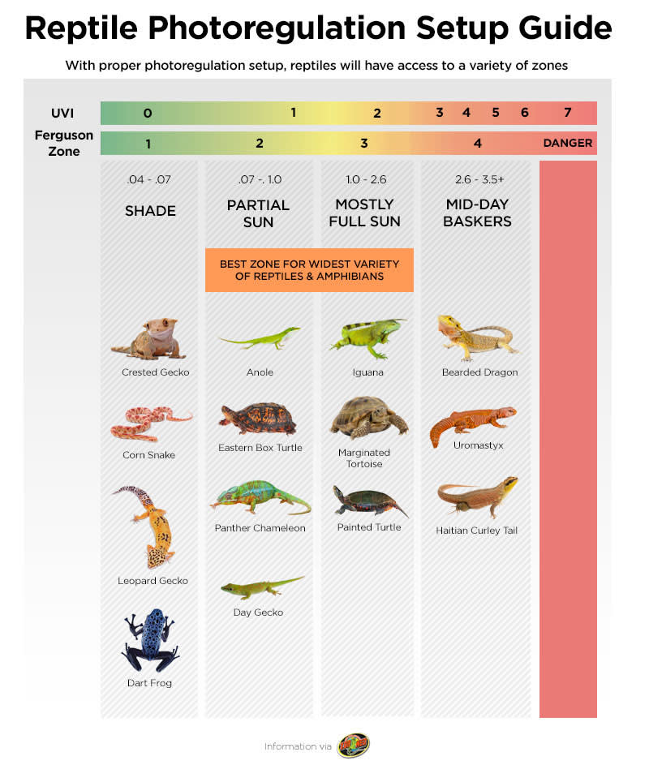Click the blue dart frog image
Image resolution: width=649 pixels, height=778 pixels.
pos(151,642)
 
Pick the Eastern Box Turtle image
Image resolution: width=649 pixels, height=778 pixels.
pos(258,419)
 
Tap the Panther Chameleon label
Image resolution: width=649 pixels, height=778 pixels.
pos(260,528)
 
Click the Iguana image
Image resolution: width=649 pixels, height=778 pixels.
pos(367,337)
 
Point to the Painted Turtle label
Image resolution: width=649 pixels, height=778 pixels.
pos(369,527)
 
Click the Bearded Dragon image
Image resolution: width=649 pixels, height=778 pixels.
pos(477,337)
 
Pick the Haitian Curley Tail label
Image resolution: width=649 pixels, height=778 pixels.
pos(476,531)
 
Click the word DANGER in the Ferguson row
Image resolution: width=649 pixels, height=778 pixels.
pos(567,144)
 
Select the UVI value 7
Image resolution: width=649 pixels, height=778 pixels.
pos(567,113)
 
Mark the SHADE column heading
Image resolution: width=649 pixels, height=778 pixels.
pos(150,211)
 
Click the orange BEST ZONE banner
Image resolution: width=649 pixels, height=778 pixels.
pos(309,270)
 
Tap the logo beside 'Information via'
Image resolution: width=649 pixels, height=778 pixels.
pos(354,746)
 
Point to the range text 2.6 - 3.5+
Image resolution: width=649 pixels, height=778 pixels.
pos(477,179)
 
